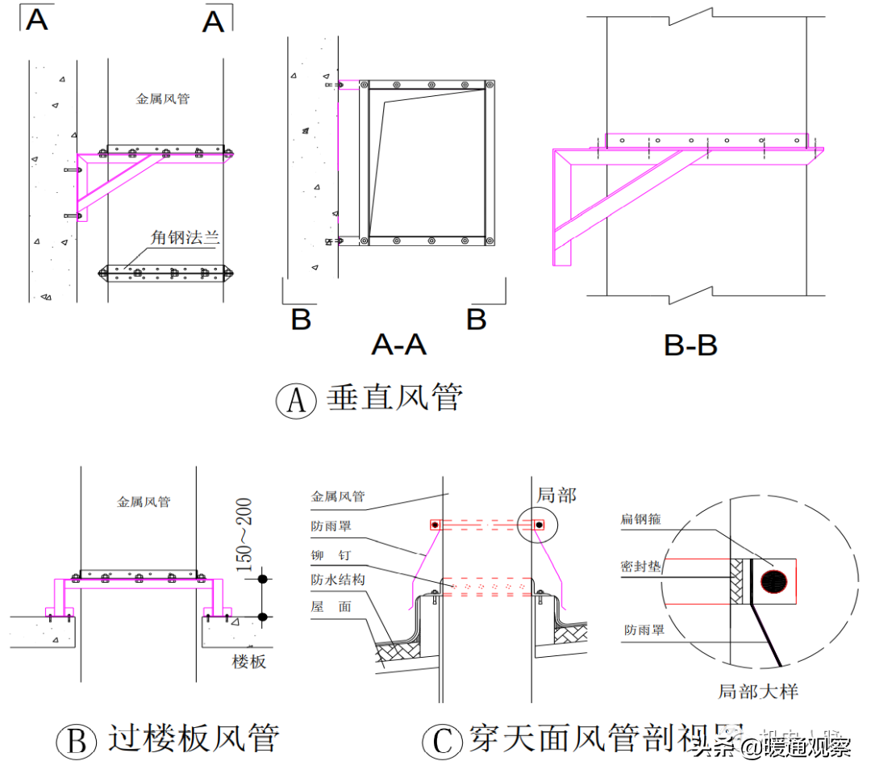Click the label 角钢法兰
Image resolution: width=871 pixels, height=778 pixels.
point(185,238)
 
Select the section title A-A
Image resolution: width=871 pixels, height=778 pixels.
point(398,345)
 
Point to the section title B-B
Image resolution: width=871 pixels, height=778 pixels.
point(690,345)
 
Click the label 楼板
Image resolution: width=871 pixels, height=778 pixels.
point(248,662)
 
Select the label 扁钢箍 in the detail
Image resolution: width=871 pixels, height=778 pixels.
point(641,519)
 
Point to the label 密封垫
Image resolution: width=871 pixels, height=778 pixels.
point(641,567)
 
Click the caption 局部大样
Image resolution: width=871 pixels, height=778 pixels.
point(757,692)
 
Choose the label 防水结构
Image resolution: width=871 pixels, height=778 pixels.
point(338,579)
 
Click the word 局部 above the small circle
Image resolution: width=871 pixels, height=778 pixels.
point(556,496)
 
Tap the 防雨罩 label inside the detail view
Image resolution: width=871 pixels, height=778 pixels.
point(644,630)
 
